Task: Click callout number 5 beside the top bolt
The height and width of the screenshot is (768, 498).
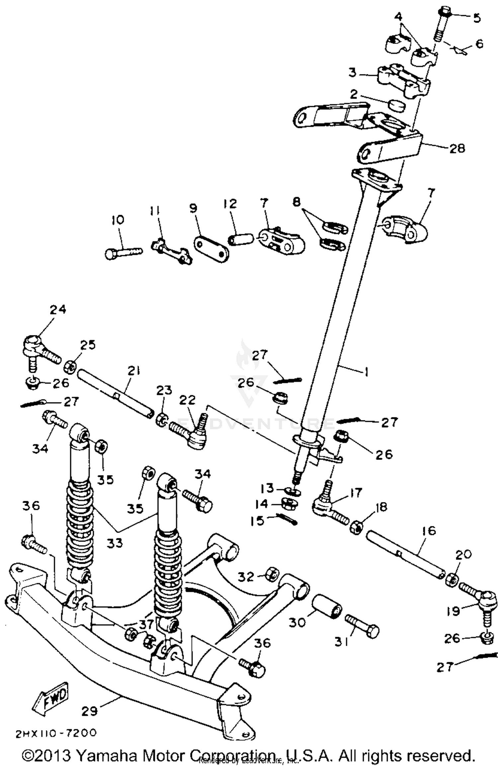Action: [477, 18]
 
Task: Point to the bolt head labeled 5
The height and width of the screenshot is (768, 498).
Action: [444, 14]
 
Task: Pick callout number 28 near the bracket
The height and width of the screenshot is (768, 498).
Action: [457, 148]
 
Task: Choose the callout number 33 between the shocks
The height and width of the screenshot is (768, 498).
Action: [115, 544]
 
